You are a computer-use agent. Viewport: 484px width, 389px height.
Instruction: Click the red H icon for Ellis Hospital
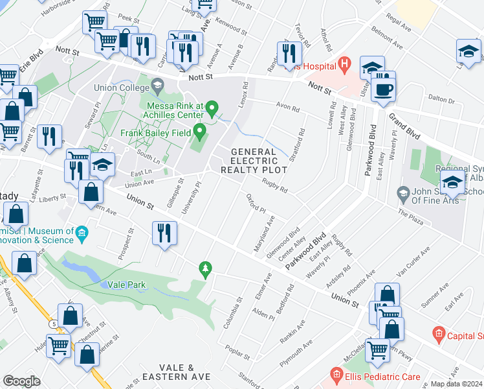coord(344,65)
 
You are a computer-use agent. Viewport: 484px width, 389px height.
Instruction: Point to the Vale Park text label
coord(126,285)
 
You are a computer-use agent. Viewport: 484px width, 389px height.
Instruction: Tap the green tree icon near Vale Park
coord(206,268)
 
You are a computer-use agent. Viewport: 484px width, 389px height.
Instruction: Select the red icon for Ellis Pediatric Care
coord(336,375)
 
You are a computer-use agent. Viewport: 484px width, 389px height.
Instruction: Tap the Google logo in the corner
coord(21,381)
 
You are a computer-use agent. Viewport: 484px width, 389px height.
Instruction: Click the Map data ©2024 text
coord(456,384)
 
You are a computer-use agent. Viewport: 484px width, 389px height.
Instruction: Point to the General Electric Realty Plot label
coord(253,161)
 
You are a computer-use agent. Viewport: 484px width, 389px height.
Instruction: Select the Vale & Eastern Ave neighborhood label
coord(177,372)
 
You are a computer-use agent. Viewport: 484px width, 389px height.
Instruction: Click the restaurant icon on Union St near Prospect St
coord(164,234)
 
